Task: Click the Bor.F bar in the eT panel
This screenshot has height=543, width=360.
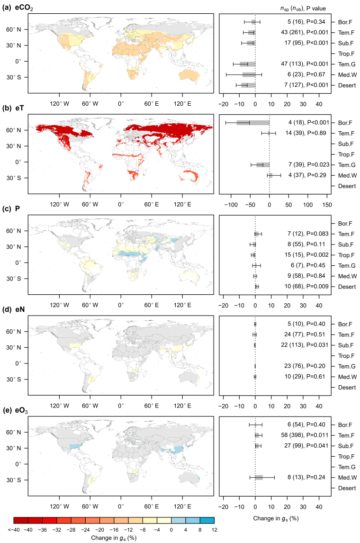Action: click(x=253, y=123)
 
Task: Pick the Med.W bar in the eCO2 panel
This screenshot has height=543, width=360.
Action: click(x=249, y=74)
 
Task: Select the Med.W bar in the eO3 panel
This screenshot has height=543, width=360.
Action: click(x=259, y=477)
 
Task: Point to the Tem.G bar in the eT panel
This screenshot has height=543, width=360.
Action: click(x=263, y=165)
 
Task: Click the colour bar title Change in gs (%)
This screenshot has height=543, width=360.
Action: click(x=115, y=538)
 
